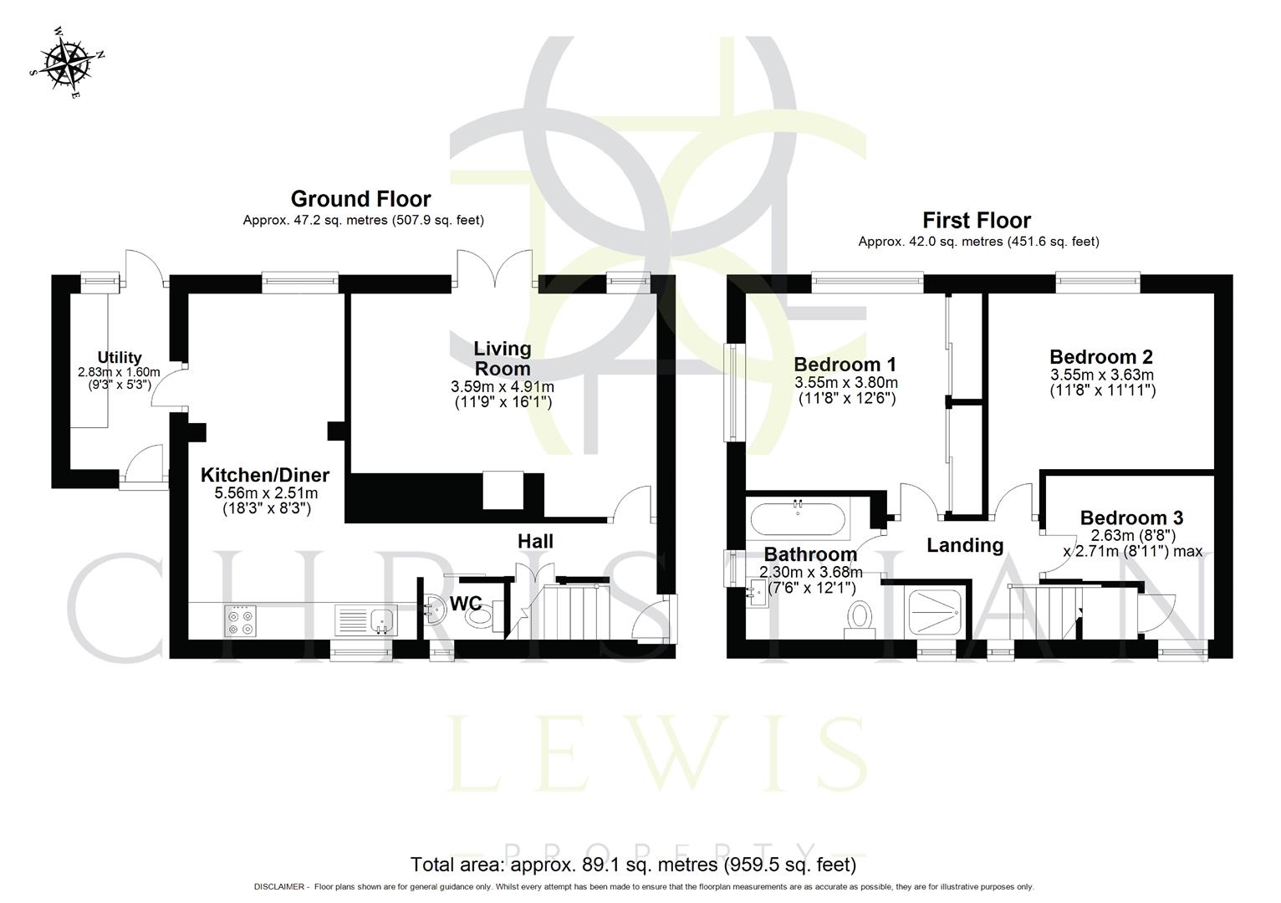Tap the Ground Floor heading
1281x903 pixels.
pos(360,199)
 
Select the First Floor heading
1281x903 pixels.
pos(976,220)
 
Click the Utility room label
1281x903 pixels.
pos(120,358)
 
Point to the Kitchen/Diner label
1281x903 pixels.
pos(264,475)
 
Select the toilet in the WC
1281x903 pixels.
pos(480,617)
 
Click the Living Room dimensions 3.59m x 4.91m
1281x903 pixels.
pos(502,387)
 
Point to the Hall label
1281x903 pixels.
pos(535,541)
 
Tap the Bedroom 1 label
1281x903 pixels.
pos(845,365)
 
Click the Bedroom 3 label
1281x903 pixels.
pos(1131,518)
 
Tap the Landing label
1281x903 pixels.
pos(964,545)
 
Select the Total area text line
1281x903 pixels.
pos(633,864)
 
